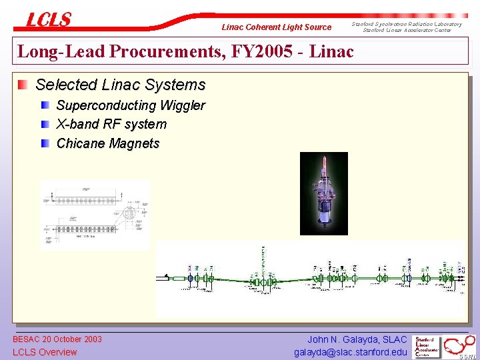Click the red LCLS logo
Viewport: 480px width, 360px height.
(48, 20)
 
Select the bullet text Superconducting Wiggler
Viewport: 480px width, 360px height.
(131, 105)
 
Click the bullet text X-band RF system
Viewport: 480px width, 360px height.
(111, 124)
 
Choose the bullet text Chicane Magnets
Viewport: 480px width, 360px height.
(108, 143)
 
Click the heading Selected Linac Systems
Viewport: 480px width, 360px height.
(120, 85)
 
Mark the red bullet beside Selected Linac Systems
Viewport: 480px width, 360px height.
(23, 85)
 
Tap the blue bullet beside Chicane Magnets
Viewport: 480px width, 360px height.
(45, 143)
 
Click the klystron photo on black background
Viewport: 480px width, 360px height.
(324, 193)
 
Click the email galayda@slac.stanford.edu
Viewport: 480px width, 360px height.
(350, 352)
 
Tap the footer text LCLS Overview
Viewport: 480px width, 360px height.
(45, 352)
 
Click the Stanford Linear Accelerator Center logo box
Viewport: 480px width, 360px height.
(427, 347)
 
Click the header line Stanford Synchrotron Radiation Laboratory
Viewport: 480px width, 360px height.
(411, 24)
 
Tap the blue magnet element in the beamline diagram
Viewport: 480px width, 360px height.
(190, 278)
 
